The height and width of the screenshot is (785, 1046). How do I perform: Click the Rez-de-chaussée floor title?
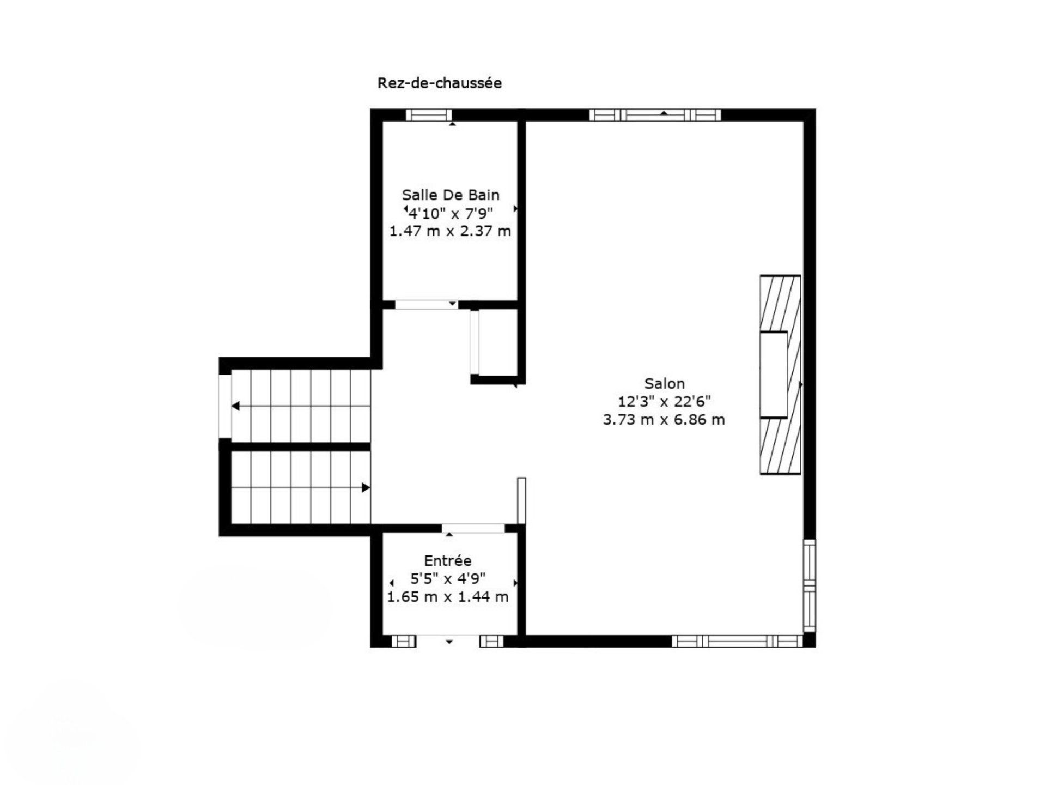coord(440,83)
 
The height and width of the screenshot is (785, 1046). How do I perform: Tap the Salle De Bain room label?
coord(451,195)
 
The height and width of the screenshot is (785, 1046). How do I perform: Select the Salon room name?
coord(664,383)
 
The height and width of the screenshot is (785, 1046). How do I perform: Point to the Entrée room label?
coord(448,560)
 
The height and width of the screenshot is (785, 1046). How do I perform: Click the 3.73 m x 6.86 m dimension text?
coord(664,420)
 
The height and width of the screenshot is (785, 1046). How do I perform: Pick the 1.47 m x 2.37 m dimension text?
coord(450,231)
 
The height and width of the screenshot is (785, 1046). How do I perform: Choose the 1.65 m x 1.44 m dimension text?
coord(448,597)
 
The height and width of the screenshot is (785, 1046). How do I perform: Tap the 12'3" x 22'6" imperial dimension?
coord(664,402)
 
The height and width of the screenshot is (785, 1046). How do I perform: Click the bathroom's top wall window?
coord(429,115)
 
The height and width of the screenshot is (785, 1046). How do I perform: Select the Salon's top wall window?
coord(655,115)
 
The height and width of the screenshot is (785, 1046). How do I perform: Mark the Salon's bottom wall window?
coord(737,641)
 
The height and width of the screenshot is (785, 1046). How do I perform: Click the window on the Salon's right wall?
coord(810,585)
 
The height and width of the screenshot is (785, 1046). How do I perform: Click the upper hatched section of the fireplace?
coord(781,303)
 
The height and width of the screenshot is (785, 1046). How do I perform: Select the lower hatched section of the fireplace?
coord(781,446)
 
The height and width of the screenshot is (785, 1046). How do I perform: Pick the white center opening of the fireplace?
coord(774,375)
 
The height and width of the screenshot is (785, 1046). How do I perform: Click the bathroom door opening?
coord(427,305)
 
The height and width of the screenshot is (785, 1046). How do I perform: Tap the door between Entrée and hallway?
coord(473,528)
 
